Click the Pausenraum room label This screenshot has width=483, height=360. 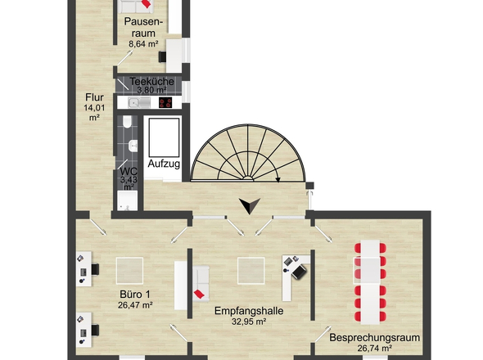click(x=143, y=27)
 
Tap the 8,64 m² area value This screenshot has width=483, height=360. click(x=143, y=44)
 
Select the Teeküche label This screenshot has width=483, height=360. click(x=151, y=82)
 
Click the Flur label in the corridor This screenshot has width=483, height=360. click(x=95, y=97)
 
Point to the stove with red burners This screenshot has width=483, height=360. click(x=165, y=102)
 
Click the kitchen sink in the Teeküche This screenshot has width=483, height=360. click(x=139, y=102)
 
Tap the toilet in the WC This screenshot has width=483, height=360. click(x=127, y=122)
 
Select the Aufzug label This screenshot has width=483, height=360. click(x=164, y=164)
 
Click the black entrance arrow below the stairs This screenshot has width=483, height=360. click(x=250, y=205)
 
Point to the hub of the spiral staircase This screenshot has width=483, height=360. click(x=248, y=178)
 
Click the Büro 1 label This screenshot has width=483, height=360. click(x=135, y=295)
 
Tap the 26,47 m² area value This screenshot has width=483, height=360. click(x=135, y=305)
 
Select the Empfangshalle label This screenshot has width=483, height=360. click(x=249, y=311)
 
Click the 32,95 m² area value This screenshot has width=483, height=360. click(x=249, y=322)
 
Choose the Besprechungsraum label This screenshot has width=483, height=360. click(x=375, y=338)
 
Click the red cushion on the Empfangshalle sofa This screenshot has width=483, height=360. click(x=199, y=294)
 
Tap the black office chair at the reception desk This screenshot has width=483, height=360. click(x=299, y=272)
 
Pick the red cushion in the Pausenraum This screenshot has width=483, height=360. click(x=147, y=3)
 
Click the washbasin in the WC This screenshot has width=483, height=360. click(x=133, y=146)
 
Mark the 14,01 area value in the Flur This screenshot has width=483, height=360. click(x=94, y=108)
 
